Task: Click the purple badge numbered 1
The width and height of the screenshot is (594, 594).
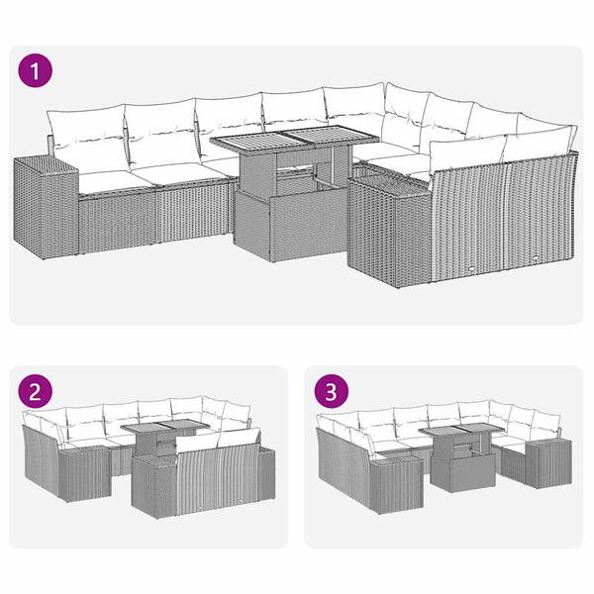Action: (x=37, y=72)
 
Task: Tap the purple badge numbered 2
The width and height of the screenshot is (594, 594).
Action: (x=37, y=392)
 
